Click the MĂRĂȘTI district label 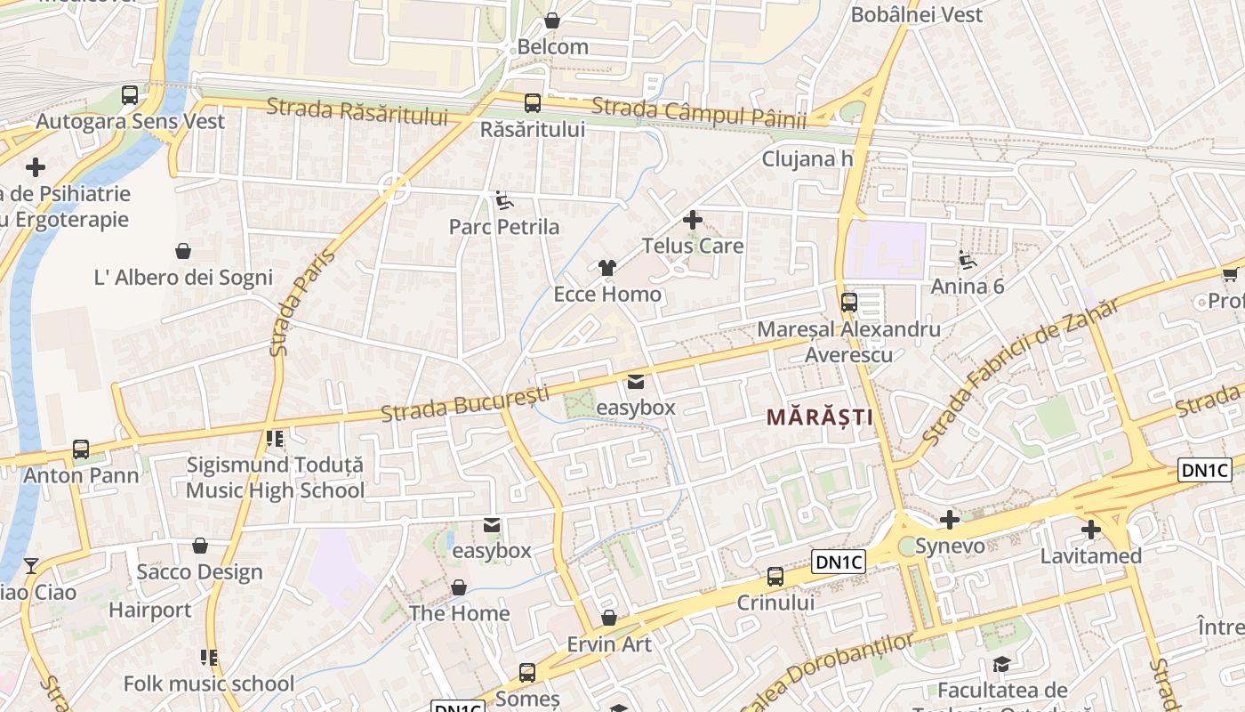[819, 417]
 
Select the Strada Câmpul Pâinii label [698, 112]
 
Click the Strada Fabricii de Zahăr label [1020, 372]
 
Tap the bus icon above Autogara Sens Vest [130, 95]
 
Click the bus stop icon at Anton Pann [81, 449]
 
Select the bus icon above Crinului [775, 577]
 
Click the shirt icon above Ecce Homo [607, 267]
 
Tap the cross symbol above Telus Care [693, 219]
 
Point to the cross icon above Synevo [950, 520]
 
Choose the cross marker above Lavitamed [1091, 530]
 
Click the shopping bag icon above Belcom [552, 20]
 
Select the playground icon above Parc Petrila [504, 200]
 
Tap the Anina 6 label [968, 286]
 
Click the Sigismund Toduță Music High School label [275, 477]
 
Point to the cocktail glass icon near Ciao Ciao [31, 565]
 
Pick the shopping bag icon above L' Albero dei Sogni [183, 251]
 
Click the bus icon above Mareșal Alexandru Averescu [849, 303]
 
